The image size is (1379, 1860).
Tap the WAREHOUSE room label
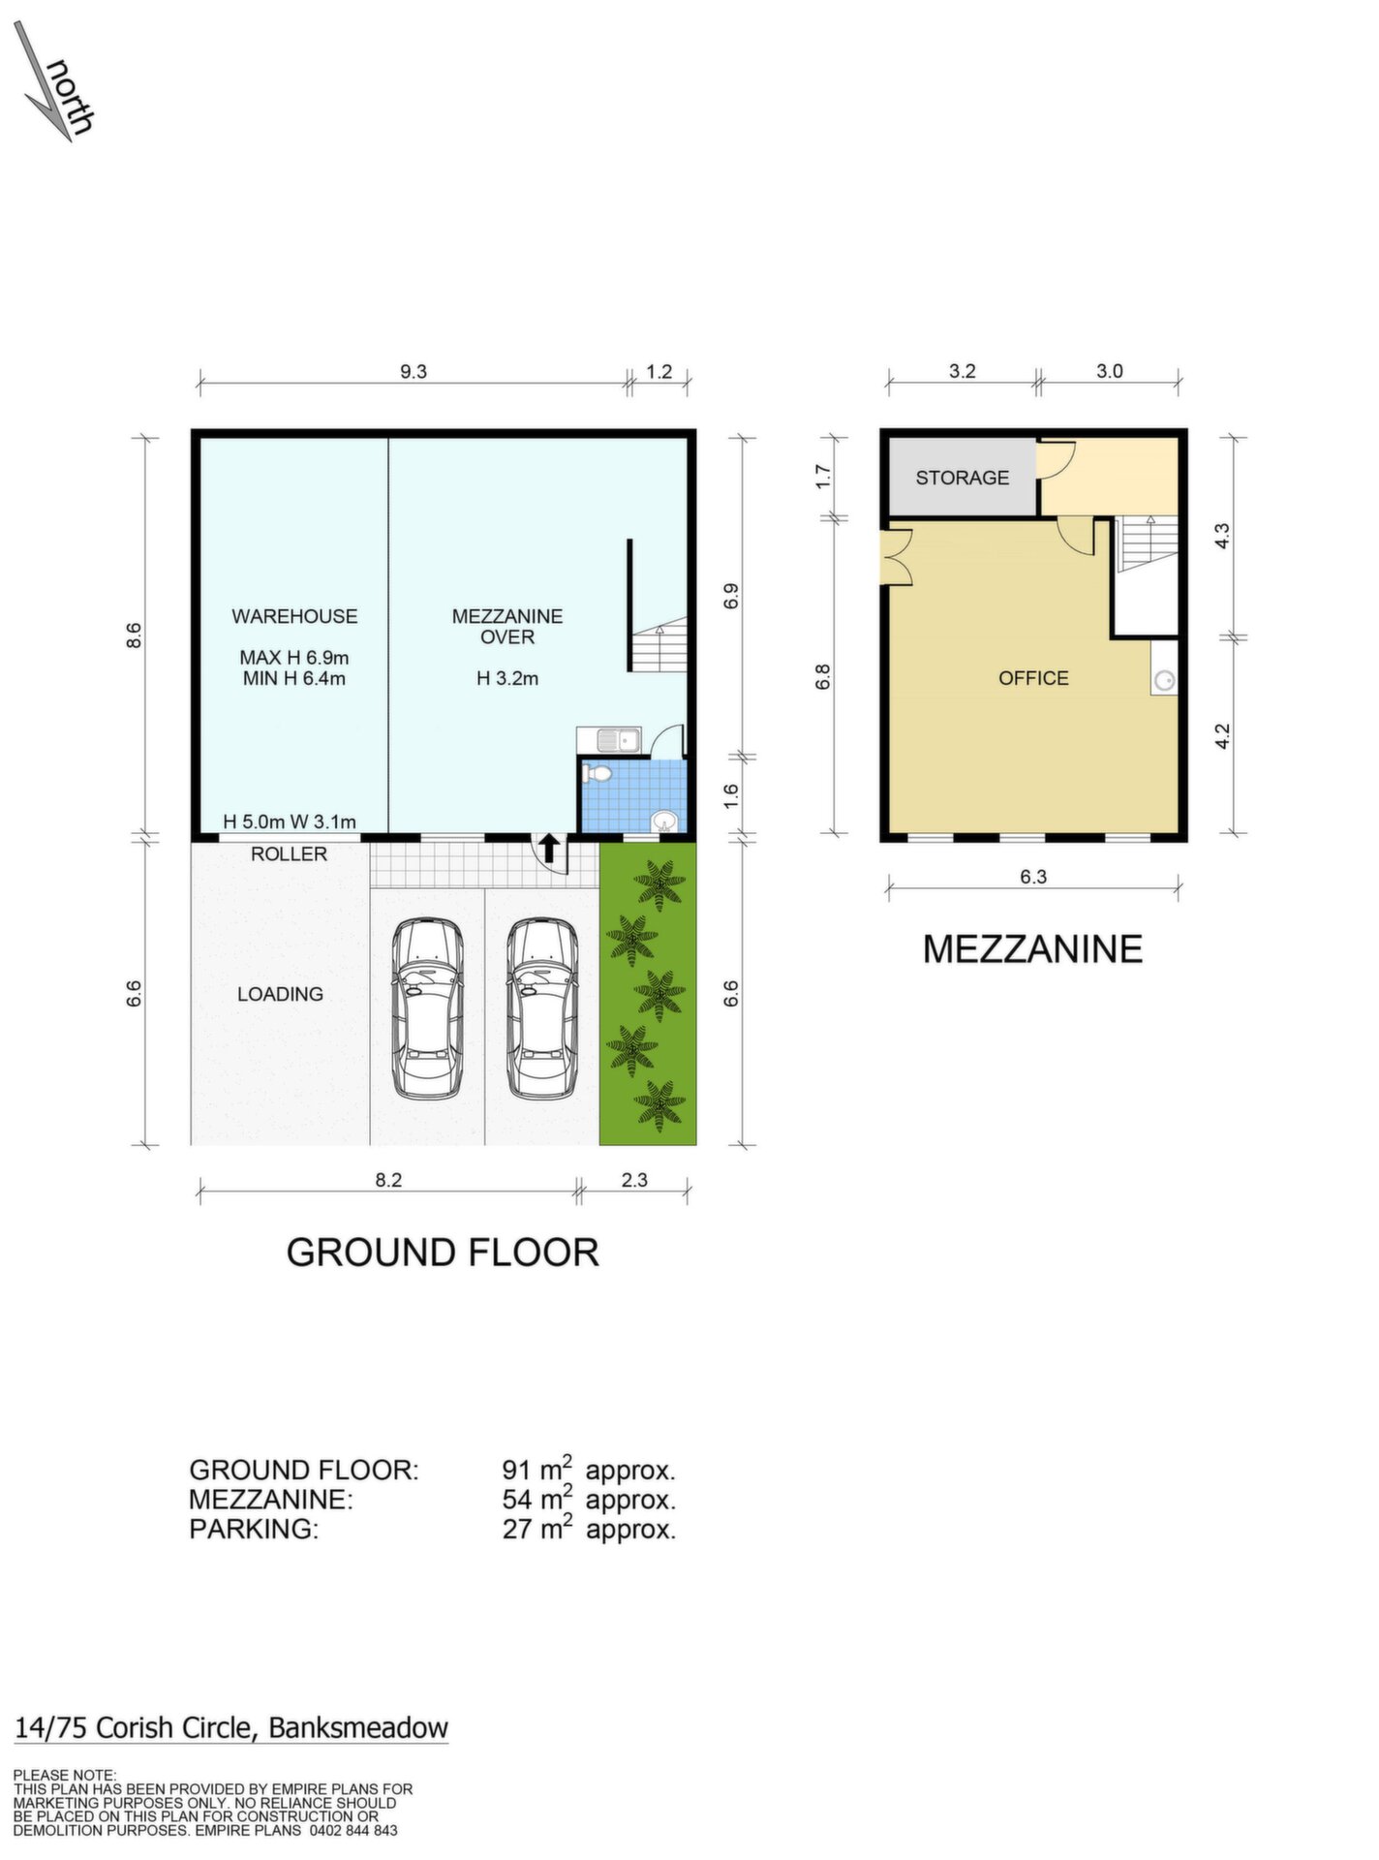294,616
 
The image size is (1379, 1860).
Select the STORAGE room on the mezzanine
962,478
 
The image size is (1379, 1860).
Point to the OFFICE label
1033,678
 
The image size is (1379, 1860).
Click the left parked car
427,1008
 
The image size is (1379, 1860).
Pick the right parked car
542,1008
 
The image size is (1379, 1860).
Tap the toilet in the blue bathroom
597,773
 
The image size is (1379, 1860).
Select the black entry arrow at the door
549,849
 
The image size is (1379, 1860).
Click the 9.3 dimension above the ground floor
414,372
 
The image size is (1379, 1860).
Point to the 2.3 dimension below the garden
634,1180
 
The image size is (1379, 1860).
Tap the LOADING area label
280,994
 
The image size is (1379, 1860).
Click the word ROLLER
289,853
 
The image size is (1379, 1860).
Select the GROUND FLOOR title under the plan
443,1253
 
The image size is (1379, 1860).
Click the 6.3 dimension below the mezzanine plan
1033,877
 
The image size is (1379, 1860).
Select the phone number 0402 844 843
353,1830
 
